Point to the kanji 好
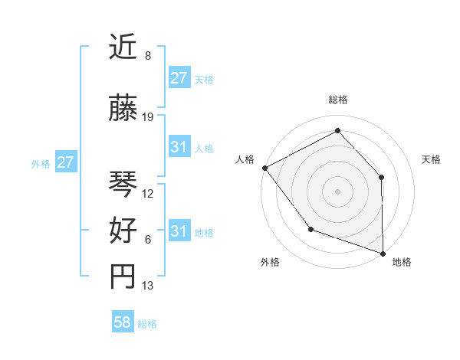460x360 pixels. pyautogui.click(x=123, y=230)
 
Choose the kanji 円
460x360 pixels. pyautogui.click(x=123, y=277)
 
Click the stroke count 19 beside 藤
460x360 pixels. pyautogui.click(x=148, y=117)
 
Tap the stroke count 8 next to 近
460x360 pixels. pyautogui.click(x=147, y=57)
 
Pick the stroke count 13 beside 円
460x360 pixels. pyautogui.click(x=148, y=286)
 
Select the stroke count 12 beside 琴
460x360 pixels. pyautogui.click(x=148, y=194)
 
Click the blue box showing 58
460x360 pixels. pyautogui.click(x=123, y=323)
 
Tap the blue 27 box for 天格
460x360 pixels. pyautogui.click(x=179, y=78)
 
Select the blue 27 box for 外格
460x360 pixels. pyautogui.click(x=65, y=162)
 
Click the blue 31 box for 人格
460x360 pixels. pyautogui.click(x=179, y=147)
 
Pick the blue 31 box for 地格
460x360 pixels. pyautogui.click(x=179, y=231)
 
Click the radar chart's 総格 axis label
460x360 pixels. pyautogui.click(x=337, y=100)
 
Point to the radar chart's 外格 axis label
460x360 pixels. pyautogui.click(x=270, y=262)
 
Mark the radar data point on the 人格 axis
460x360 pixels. pyautogui.click(x=264, y=168)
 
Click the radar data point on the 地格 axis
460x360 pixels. pyautogui.click(x=383, y=252)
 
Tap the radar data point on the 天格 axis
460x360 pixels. pyautogui.click(x=382, y=177)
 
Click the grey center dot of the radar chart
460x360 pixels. pyautogui.click(x=337, y=191)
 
